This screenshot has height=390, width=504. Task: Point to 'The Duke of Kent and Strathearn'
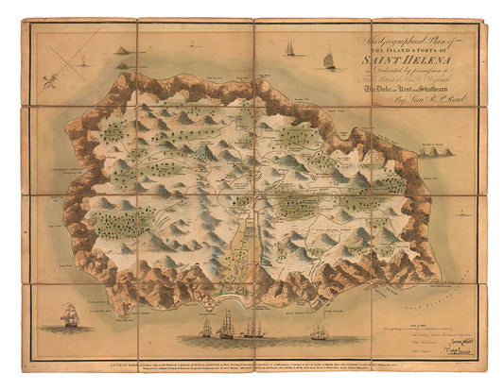pos(408,86)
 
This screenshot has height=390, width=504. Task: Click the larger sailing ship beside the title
pos(328,60)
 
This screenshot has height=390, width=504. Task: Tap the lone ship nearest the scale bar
pos(320,332)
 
